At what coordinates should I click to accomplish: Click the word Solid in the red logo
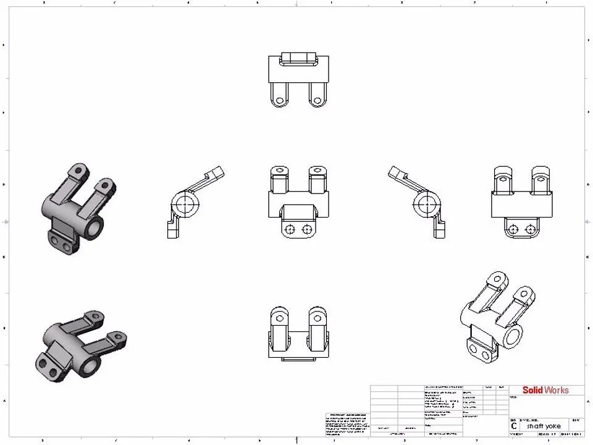coord(532,390)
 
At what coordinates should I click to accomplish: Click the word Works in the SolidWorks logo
coord(556,390)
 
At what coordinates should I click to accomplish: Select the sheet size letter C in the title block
coord(513,426)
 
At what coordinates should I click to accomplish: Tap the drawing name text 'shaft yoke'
coord(544,426)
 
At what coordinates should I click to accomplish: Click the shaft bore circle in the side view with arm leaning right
coord(185,204)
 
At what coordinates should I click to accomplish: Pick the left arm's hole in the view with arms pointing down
coord(280,100)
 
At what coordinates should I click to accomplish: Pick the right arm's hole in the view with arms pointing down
coord(318,100)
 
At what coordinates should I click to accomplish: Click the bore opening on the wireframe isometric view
coord(512,337)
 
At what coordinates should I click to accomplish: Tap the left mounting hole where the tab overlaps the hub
coord(288,229)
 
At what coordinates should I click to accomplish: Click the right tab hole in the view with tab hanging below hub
coord(530,229)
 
